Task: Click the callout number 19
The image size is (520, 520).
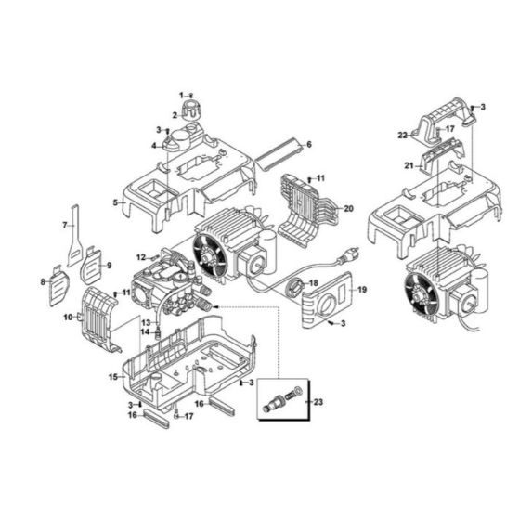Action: tap(361, 291)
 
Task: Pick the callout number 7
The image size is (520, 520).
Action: tap(65, 225)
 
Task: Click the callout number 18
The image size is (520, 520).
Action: tap(313, 283)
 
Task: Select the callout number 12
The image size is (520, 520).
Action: tap(140, 256)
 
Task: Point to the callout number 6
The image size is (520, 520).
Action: tap(308, 144)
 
